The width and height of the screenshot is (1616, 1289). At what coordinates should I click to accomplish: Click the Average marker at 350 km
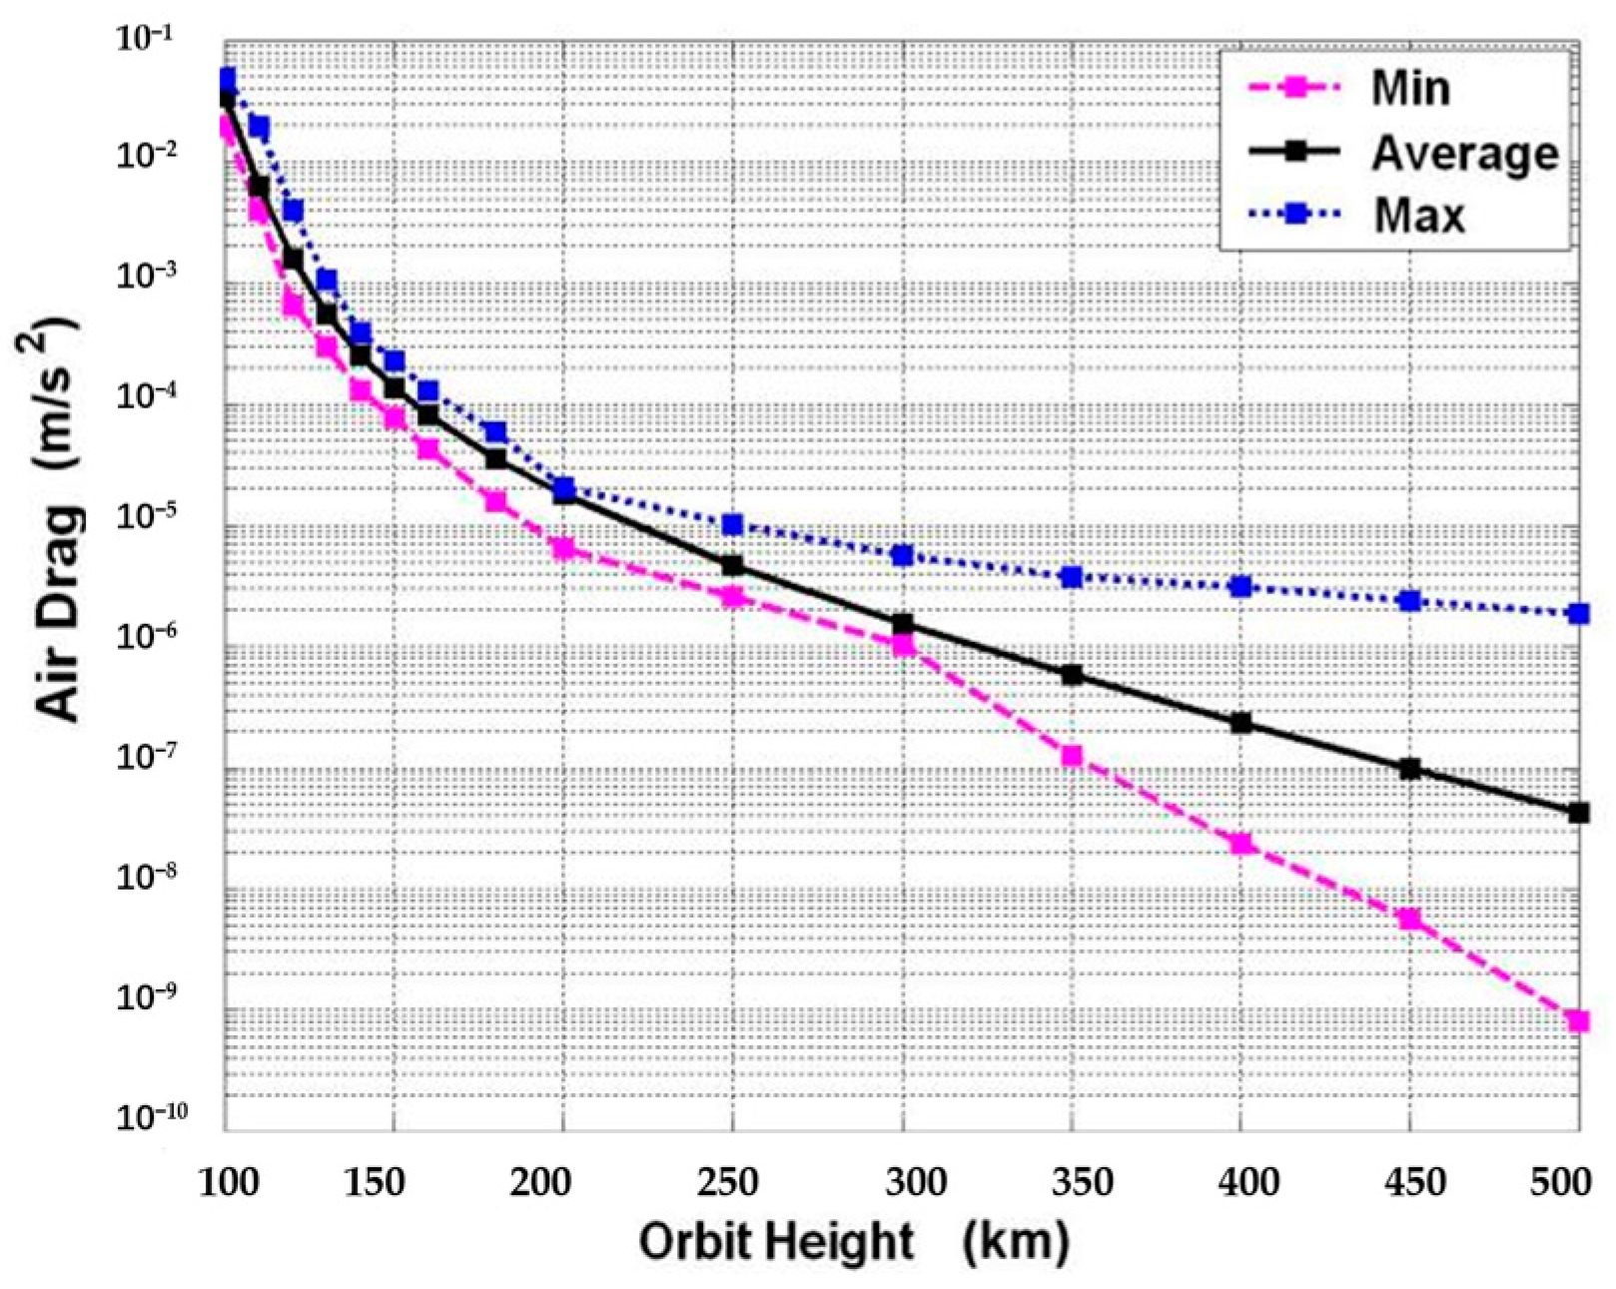click(1072, 675)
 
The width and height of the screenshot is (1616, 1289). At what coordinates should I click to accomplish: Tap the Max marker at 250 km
click(733, 525)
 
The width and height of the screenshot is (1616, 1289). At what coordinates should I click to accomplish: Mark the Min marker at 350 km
click(1072, 756)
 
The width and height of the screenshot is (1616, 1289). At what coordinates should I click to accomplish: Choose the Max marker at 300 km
click(903, 555)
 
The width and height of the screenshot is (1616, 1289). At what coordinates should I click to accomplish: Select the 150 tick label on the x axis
click(375, 1183)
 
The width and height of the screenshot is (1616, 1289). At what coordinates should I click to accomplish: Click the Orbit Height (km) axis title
click(854, 1243)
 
